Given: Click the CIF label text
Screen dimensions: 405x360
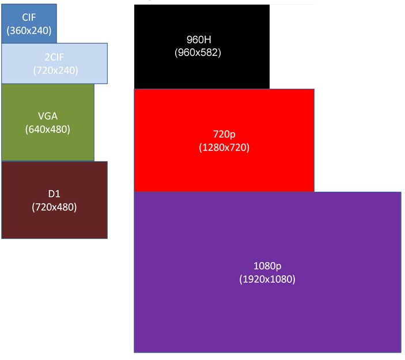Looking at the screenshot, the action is (29, 17).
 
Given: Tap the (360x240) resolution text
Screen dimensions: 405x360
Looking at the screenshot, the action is (29, 31).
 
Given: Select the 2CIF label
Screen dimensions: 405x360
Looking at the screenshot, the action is (54, 57).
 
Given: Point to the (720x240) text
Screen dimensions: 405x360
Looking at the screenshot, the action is (55, 70).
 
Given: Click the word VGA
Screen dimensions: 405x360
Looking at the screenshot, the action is (48, 116).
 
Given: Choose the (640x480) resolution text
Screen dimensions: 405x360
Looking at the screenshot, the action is (48, 129).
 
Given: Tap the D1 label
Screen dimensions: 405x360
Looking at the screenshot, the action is (54, 194).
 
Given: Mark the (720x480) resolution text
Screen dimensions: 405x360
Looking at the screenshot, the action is (54, 207).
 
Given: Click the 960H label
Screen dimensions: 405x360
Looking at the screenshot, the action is (199, 40).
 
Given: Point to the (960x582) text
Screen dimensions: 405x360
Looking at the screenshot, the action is (198, 52).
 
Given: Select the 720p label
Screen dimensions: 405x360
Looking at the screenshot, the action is (224, 134).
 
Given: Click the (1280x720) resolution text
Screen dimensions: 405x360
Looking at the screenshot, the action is (224, 147).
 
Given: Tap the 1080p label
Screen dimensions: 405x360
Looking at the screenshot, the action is (267, 266).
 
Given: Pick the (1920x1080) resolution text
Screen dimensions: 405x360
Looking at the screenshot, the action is (267, 279).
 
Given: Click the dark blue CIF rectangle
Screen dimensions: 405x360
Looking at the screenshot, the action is (29, 24).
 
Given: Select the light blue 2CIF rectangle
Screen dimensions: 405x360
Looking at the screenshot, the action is (55, 63).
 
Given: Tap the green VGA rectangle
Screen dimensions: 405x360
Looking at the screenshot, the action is (48, 123).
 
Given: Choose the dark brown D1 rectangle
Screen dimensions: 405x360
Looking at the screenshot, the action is (55, 200).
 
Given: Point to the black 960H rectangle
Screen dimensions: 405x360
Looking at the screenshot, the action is (202, 47).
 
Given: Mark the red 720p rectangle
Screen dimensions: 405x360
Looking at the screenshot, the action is (224, 141).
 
